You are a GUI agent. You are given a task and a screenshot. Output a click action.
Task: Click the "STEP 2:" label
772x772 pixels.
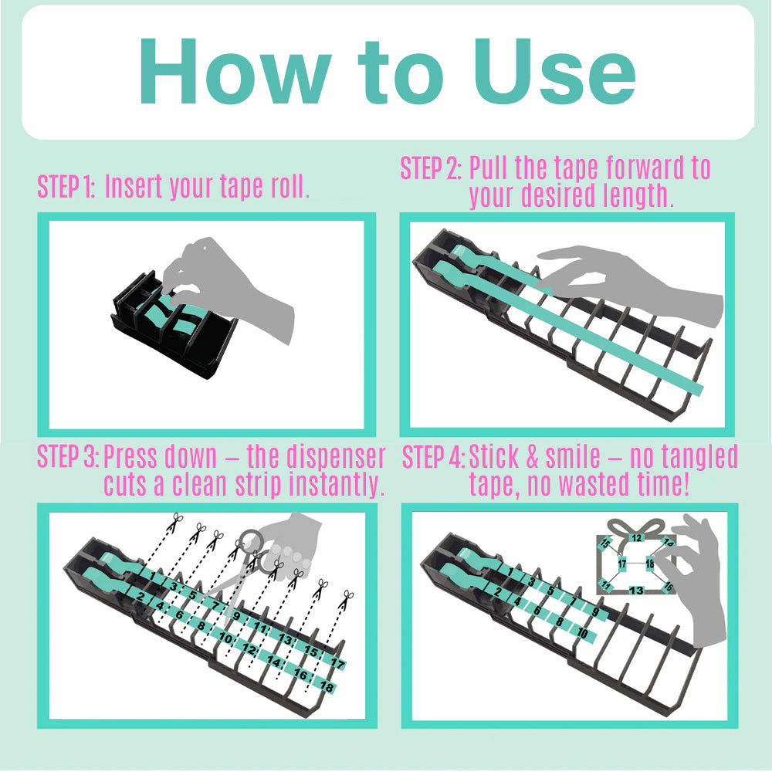tap(431, 168)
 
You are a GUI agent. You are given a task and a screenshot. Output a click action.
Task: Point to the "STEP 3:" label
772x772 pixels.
tap(68, 457)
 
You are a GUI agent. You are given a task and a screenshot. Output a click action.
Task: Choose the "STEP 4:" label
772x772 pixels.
tap(433, 457)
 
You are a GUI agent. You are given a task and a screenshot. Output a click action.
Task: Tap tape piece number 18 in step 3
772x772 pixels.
tap(327, 686)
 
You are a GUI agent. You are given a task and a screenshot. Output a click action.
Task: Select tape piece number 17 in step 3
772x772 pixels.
tap(337, 662)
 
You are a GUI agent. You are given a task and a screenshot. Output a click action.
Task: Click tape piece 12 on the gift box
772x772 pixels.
tap(637, 537)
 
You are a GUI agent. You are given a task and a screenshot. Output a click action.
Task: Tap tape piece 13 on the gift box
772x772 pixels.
tap(637, 591)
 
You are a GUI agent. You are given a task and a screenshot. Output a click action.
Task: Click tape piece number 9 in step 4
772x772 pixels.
tap(595, 612)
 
